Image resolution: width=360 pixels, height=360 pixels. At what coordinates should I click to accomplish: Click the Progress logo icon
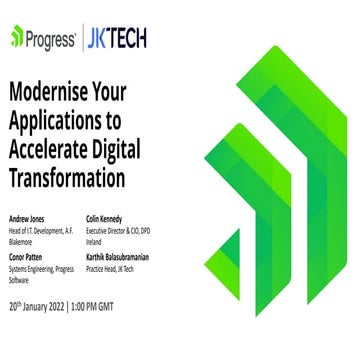coord(17,38)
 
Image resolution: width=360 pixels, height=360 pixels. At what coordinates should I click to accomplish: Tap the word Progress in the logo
coord(50,38)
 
